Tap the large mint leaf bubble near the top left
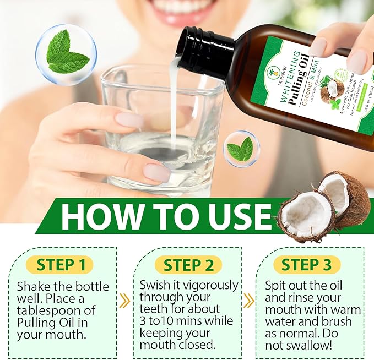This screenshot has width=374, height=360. pos(66,54)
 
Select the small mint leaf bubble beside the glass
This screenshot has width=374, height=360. pos(241,149)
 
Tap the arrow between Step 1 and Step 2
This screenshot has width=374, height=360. pos(125,301)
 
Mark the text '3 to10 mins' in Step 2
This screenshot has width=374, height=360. pos(171,320)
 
